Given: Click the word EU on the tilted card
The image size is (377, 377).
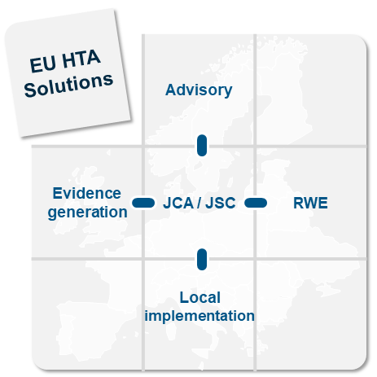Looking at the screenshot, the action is (42, 64).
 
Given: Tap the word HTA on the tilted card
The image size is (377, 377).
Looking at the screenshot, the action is (81, 59).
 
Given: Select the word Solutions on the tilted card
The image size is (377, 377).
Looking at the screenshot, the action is (68, 85).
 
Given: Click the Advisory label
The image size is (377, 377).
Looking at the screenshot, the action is (199, 90).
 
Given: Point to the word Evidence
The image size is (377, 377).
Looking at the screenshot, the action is (87, 193).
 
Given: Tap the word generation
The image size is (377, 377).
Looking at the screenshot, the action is (87, 213).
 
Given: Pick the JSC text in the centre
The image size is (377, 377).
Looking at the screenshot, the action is (221, 203).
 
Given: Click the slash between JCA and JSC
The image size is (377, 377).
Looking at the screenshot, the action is (199, 203).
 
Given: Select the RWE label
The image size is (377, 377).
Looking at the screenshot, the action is (310, 203).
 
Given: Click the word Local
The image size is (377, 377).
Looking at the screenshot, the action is (200, 297).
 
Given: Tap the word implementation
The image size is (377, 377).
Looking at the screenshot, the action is (199, 316).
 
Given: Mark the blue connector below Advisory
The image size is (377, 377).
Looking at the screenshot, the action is (202, 146).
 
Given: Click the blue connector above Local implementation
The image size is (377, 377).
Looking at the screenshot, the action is (202, 260).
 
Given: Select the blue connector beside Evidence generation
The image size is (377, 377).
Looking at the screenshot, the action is (143, 203).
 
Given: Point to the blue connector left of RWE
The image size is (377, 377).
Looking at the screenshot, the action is (256, 203).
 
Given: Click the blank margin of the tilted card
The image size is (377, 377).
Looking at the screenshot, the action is (73, 114).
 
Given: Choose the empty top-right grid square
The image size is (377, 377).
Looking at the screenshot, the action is (312, 90).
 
